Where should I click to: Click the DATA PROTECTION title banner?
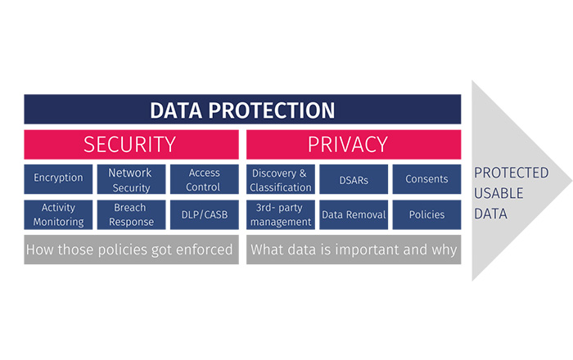(242, 109)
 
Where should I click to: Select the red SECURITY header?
(131, 144)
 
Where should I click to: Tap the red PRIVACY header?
(354, 144)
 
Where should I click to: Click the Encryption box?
(58, 179)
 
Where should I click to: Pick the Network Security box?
(131, 179)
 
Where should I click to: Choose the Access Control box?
(205, 179)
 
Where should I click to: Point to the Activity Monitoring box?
(58, 214)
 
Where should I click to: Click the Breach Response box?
(131, 214)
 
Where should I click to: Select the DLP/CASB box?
(205, 214)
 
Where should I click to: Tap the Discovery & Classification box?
(280, 179)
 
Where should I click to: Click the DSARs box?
(354, 179)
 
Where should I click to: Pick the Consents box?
(426, 179)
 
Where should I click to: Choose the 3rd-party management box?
(280, 214)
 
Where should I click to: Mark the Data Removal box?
(354, 214)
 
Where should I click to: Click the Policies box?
(426, 214)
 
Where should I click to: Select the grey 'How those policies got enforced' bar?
(131, 250)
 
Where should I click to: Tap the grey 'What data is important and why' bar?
(354, 250)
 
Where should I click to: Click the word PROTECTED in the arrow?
(512, 173)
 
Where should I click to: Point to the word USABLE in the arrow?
(499, 193)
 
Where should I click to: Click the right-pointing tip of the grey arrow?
(571, 180)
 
